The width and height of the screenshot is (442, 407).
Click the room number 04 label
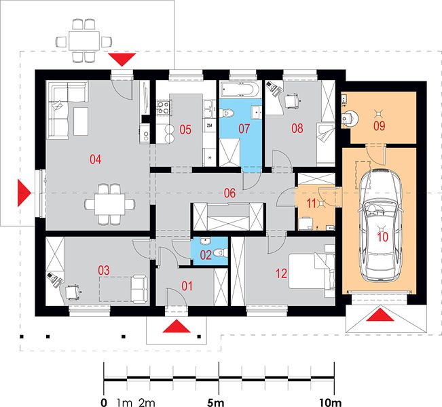tap(95, 159)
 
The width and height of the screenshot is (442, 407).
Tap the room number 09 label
tap(379, 126)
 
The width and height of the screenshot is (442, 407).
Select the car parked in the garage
tap(380, 225)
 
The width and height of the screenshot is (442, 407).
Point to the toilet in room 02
tap(221, 252)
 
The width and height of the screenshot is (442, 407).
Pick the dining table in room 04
tap(109, 203)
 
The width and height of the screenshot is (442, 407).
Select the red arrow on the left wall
tap(24, 193)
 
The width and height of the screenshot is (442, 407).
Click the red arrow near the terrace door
tap(122, 60)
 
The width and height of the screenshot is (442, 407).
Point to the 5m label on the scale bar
tap(216, 403)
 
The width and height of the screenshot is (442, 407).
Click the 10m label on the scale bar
tap(331, 403)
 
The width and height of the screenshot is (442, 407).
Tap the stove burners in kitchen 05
tap(163, 108)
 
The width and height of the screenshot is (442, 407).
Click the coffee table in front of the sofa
tap(81, 121)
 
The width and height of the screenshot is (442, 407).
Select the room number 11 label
tap(311, 203)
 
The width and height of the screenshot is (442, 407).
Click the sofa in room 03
tap(140, 289)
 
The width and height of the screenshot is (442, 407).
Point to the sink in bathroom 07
tap(257, 113)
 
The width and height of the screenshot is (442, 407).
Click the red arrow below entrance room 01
tap(177, 326)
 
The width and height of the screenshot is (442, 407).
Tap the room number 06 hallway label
tap(229, 193)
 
